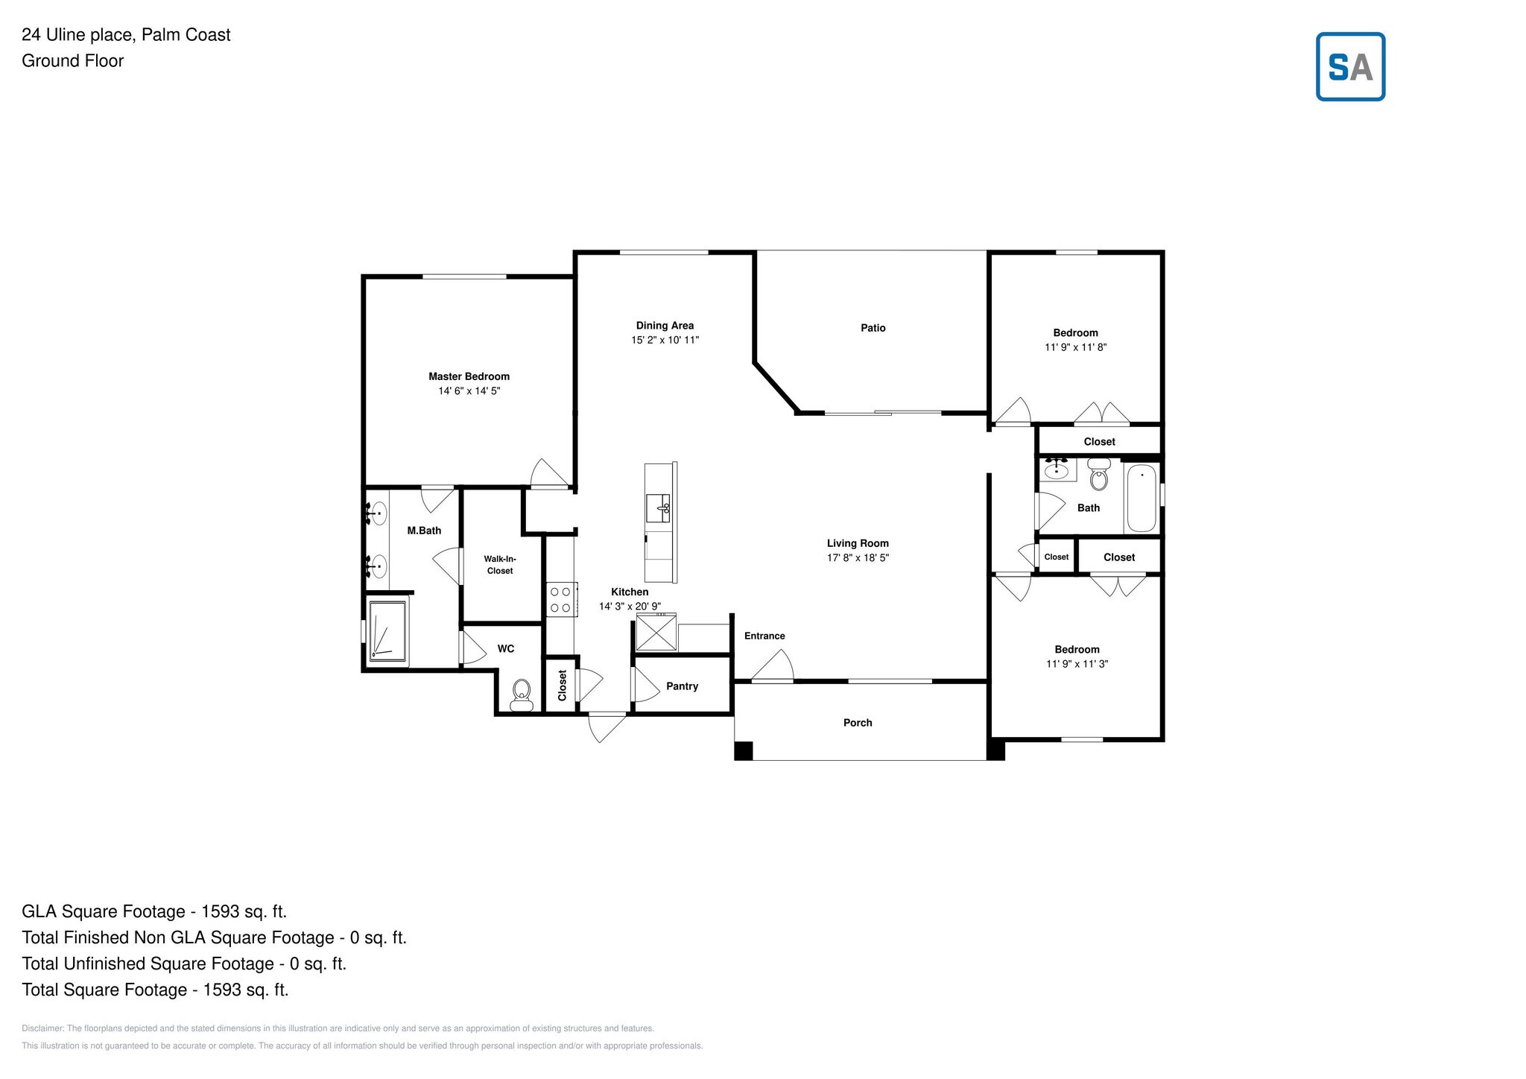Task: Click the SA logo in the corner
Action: point(1350,66)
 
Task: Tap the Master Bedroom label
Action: point(469,376)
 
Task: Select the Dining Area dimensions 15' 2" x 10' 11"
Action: point(665,340)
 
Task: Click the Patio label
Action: point(873,328)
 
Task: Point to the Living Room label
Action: point(858,543)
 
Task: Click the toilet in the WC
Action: point(522,694)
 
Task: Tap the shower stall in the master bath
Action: point(387,630)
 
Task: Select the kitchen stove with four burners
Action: point(560,599)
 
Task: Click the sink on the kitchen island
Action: point(659,509)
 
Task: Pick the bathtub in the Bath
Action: point(1142,498)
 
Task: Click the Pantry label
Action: point(682,686)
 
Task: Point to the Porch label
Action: point(858,723)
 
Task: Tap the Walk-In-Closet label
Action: point(500,565)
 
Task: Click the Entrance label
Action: point(764,636)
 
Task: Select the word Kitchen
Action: point(630,592)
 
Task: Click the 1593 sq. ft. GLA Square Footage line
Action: point(154,911)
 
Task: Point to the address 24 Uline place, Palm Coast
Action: point(126,34)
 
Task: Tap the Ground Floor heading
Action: point(72,61)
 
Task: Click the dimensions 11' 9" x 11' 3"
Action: point(1077,664)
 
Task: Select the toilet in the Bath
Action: point(1099,474)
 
